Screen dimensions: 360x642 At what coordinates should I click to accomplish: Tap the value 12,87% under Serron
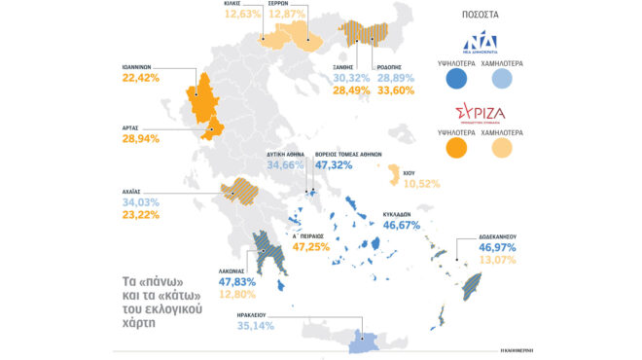coord(288,15)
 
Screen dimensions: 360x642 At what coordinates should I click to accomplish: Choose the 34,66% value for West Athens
coord(286,166)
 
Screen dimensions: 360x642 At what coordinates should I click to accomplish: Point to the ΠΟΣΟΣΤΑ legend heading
coord(481,17)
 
